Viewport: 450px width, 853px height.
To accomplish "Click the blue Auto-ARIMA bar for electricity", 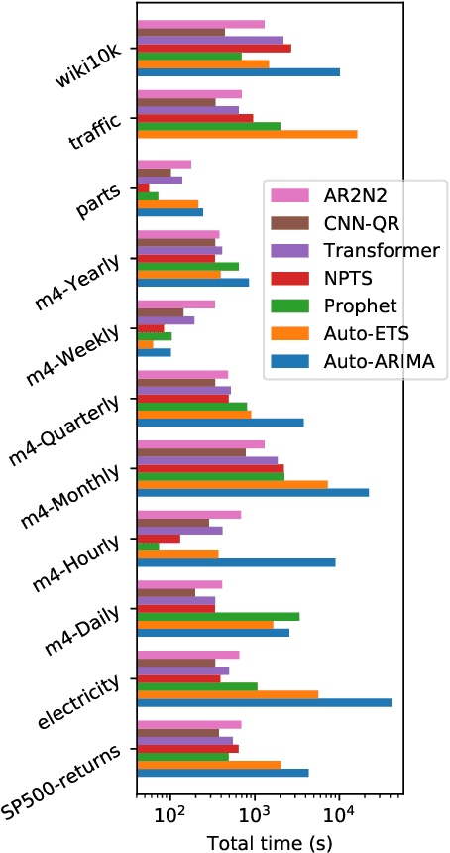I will pyautogui.click(x=264, y=702).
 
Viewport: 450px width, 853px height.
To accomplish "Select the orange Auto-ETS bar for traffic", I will pyautogui.click(x=247, y=134).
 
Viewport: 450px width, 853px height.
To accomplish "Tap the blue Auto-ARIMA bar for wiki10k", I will pyautogui.click(x=238, y=71).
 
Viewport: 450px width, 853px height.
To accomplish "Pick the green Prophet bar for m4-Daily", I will pyautogui.click(x=218, y=616).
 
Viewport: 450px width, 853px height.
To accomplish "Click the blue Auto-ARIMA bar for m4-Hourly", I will pyautogui.click(x=236, y=562).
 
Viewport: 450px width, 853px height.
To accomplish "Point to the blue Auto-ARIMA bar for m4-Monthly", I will pyautogui.click(x=253, y=492).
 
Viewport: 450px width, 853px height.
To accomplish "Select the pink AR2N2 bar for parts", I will pyautogui.click(x=164, y=165).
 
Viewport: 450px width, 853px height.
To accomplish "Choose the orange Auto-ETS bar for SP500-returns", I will pyautogui.click(x=209, y=765).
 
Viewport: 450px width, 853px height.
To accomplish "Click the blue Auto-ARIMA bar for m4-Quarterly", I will pyautogui.click(x=220, y=423).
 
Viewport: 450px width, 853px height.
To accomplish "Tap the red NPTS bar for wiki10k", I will pyautogui.click(x=214, y=48).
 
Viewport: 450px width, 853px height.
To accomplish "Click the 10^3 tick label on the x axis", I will pyautogui.click(x=255, y=817).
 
